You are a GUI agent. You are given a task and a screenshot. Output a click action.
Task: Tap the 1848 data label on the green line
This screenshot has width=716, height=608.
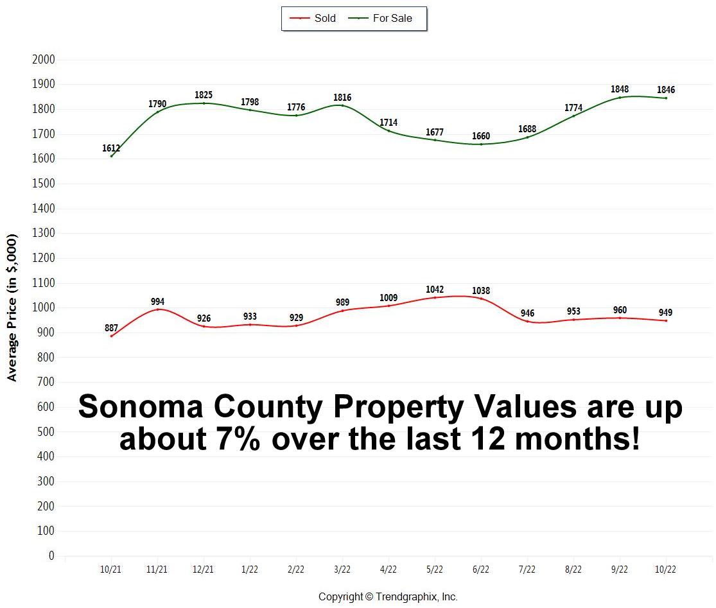click(x=620, y=89)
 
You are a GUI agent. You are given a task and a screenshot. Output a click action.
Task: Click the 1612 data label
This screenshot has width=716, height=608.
click(x=111, y=148)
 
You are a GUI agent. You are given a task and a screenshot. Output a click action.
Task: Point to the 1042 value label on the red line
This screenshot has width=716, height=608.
click(x=435, y=290)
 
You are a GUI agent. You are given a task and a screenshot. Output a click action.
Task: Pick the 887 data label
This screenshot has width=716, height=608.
click(x=111, y=328)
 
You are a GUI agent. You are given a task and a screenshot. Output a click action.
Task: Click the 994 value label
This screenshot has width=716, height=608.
click(x=157, y=301)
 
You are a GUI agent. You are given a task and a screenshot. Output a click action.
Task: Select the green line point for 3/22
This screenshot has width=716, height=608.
click(x=342, y=105)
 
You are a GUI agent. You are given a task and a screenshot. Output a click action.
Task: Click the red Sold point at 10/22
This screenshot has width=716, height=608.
click(x=666, y=320)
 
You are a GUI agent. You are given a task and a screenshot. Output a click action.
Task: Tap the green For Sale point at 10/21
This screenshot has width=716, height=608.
click(x=111, y=156)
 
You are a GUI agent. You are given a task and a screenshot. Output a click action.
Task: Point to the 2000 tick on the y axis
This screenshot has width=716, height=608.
click(x=43, y=60)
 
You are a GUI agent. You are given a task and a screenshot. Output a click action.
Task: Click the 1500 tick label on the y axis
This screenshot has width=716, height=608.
click(x=43, y=184)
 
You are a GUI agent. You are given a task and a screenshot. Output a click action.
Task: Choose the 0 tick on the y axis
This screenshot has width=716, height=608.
click(x=51, y=556)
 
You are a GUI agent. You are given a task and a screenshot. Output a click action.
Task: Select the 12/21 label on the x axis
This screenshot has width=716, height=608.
click(x=204, y=569)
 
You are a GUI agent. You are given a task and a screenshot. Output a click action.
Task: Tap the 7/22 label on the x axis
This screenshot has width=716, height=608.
click(x=527, y=569)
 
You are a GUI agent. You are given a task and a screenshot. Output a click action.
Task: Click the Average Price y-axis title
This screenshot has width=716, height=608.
click(x=12, y=308)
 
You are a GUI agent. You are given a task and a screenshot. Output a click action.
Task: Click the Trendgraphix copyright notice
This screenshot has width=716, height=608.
click(x=388, y=597)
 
